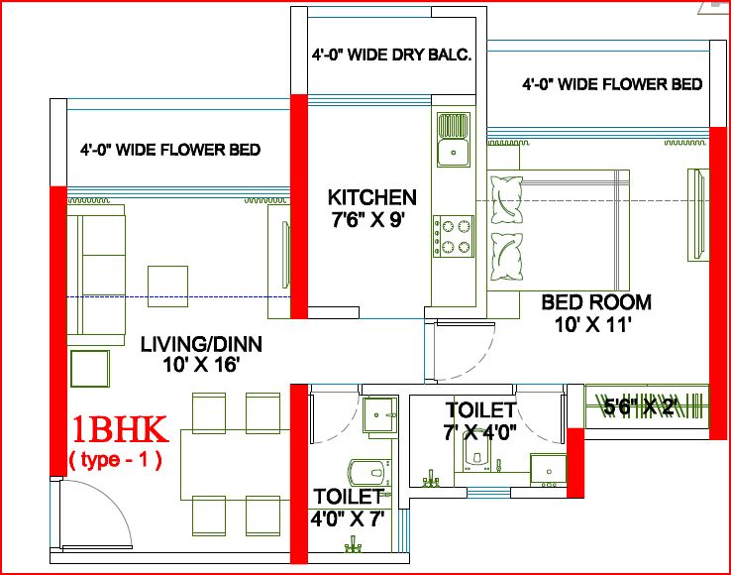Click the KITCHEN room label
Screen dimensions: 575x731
pyautogui.click(x=372, y=196)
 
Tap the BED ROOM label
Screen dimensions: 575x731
pyautogui.click(x=595, y=301)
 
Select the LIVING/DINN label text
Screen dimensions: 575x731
pyautogui.click(x=201, y=344)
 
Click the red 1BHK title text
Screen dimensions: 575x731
pyautogui.click(x=120, y=430)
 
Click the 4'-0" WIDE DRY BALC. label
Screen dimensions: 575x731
pyautogui.click(x=391, y=57)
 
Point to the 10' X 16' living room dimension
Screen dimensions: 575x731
pyautogui.click(x=201, y=365)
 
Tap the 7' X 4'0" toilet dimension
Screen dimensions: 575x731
pyautogui.click(x=479, y=431)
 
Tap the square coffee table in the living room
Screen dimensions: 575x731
pyautogui.click(x=167, y=281)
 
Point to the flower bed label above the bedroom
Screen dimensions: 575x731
pyautogui.click(x=612, y=84)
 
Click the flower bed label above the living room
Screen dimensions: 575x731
pyautogui.click(x=170, y=150)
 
